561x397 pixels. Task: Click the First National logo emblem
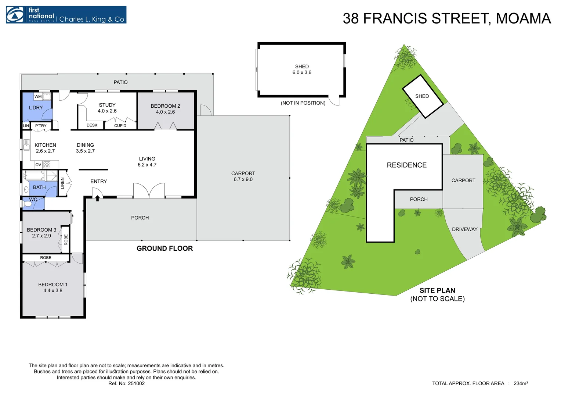[15, 15]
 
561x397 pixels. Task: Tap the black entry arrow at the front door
[97, 198]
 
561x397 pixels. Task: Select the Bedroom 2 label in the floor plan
[165, 106]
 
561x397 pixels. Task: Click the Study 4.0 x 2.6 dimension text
[107, 111]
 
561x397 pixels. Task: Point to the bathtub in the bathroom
[35, 176]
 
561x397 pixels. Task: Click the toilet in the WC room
[27, 204]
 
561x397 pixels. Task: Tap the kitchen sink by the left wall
[26, 145]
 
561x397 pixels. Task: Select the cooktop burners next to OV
[47, 165]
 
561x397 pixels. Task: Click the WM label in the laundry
[38, 97]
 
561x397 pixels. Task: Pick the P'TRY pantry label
[41, 126]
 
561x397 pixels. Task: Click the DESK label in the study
[92, 125]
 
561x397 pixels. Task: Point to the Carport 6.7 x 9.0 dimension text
[243, 179]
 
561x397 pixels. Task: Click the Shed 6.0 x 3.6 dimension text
[302, 72]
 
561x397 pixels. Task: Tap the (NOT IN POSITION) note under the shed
[303, 103]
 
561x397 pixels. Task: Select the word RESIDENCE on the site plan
[407, 165]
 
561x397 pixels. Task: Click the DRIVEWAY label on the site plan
[465, 229]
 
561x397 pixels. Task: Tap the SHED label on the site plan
[422, 96]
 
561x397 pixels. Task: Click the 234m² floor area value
[521, 383]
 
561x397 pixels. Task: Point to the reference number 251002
[136, 383]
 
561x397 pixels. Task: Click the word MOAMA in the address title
[524, 18]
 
